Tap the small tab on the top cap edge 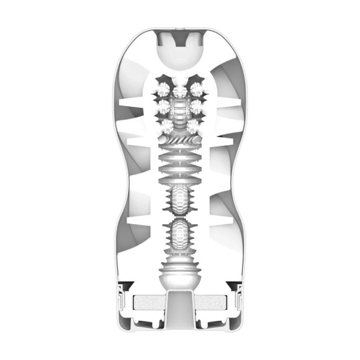click(179, 27)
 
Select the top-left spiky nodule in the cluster click(163, 86)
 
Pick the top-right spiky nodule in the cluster click(197, 86)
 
